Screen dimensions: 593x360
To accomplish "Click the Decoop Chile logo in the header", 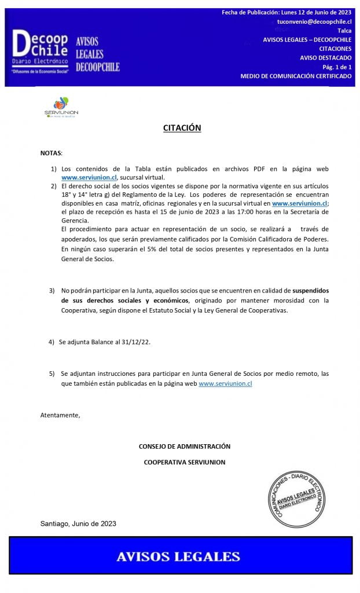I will (39, 50).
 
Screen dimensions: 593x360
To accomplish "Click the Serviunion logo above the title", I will (61, 108).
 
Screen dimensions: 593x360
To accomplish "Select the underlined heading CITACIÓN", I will (182, 128).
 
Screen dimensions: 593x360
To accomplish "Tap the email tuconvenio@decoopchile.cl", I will (314, 21).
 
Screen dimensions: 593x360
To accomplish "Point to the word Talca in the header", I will (344, 30).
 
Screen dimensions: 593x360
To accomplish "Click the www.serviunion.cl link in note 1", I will (89, 177).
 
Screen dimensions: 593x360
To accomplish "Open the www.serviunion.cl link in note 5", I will (225, 383).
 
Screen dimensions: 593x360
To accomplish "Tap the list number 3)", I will (52, 290).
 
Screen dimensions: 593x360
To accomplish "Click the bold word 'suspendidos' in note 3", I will (311, 290).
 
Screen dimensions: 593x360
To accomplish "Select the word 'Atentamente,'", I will (60, 415).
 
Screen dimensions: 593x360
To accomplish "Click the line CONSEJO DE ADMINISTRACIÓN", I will (185, 446).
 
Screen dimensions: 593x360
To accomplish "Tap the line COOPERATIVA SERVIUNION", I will (185, 462).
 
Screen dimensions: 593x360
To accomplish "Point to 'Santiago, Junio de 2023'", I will (78, 524).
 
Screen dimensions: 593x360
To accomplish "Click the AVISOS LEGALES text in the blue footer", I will (178, 557).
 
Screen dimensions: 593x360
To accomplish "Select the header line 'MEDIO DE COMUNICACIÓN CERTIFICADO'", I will (296, 76).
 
